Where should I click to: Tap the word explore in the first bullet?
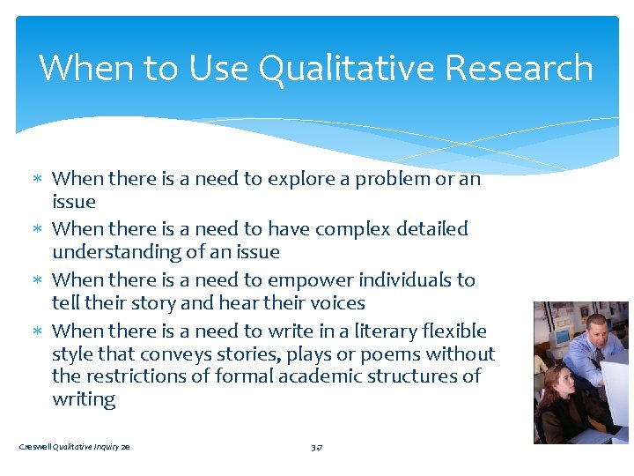[x=299, y=179]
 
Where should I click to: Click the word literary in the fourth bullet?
[x=371, y=331]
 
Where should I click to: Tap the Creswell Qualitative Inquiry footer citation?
[x=75, y=448]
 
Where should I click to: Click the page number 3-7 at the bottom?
[x=317, y=448]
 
